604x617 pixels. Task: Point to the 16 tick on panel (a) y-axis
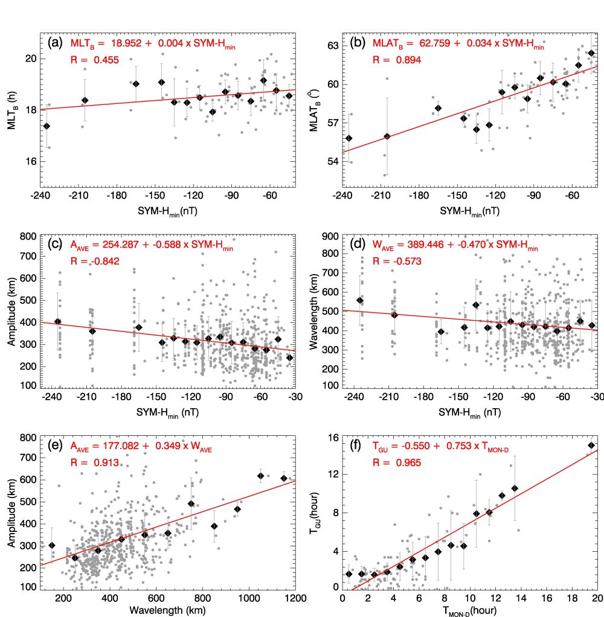coord(30,162)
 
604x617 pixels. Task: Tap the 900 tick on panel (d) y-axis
coord(330,237)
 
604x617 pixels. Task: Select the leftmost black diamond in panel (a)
coord(47,126)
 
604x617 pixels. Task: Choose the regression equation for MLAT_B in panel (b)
coord(458,44)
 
